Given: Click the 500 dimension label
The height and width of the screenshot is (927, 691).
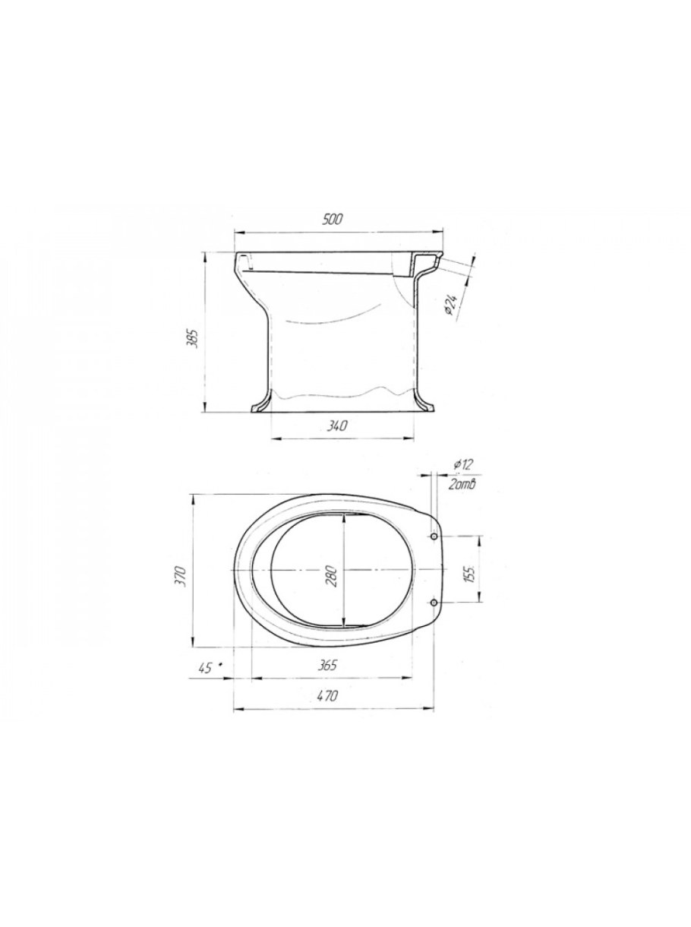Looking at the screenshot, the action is (x=333, y=219).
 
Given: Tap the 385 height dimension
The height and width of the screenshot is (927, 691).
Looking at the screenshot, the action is (x=194, y=337).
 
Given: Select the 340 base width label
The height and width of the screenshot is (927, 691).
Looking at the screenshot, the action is (x=337, y=426).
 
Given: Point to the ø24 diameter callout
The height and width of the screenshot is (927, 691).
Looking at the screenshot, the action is (x=451, y=305).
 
